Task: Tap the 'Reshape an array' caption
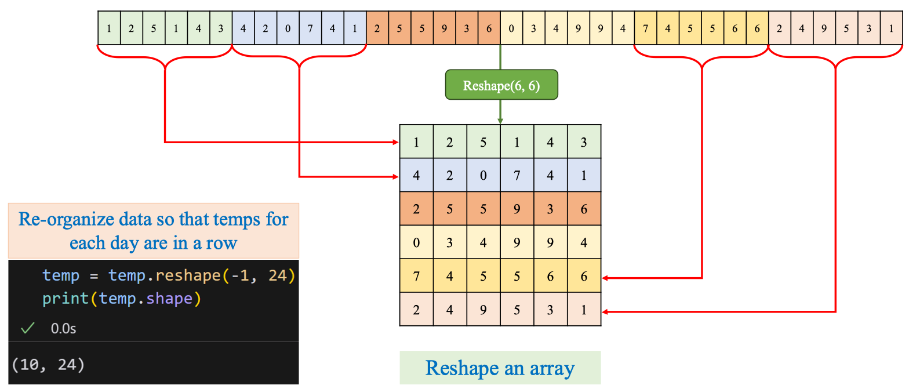500,368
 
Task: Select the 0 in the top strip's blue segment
288,28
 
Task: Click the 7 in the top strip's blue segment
310,28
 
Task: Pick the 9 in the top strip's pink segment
824,28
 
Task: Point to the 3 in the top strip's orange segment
467,28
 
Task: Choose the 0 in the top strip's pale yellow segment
511,28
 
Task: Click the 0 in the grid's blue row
483,175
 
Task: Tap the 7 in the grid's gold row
416,276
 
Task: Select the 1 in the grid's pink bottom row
584,310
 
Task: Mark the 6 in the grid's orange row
584,209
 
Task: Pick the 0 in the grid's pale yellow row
416,242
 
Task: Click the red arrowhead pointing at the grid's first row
395,142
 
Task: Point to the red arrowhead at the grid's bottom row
606,312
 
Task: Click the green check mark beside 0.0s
27,328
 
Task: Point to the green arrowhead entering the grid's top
500,121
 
